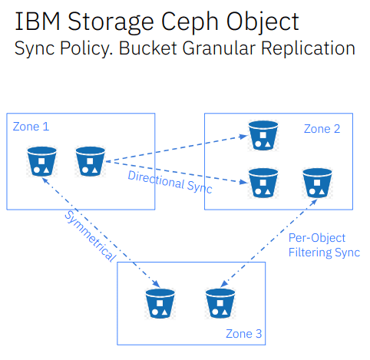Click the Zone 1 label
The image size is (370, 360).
click(31, 127)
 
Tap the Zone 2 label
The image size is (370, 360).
click(322, 129)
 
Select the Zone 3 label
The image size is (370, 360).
click(243, 334)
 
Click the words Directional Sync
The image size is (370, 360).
click(170, 182)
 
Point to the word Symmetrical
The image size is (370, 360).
click(90, 236)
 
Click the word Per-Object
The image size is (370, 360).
click(317, 238)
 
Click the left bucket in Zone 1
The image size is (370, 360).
click(42, 161)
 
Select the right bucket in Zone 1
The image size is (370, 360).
click(91, 161)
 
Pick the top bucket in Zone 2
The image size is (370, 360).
click(263, 135)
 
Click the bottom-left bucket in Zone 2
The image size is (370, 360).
click(263, 183)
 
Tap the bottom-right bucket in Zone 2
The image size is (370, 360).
click(317, 183)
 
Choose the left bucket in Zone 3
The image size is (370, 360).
click(160, 303)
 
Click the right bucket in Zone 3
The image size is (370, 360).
click(220, 303)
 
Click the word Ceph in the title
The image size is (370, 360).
click(190, 22)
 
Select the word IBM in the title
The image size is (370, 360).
click(38, 21)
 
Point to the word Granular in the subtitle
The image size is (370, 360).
click(219, 48)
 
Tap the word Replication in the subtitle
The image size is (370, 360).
click(308, 48)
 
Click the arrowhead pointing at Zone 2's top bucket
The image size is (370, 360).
click(243, 137)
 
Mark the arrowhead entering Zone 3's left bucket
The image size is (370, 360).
click(157, 283)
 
